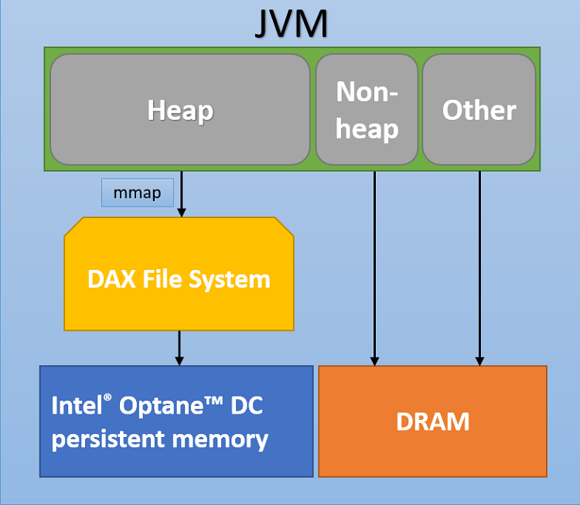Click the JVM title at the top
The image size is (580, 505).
click(x=291, y=24)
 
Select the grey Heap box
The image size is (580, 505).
click(x=180, y=131)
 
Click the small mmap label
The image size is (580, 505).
click(x=138, y=193)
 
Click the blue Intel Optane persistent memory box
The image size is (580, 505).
click(x=176, y=456)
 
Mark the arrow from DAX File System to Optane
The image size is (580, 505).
click(x=179, y=348)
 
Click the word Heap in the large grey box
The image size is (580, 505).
click(x=180, y=111)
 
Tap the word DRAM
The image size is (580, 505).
click(x=432, y=421)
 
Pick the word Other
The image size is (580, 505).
click(x=479, y=111)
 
